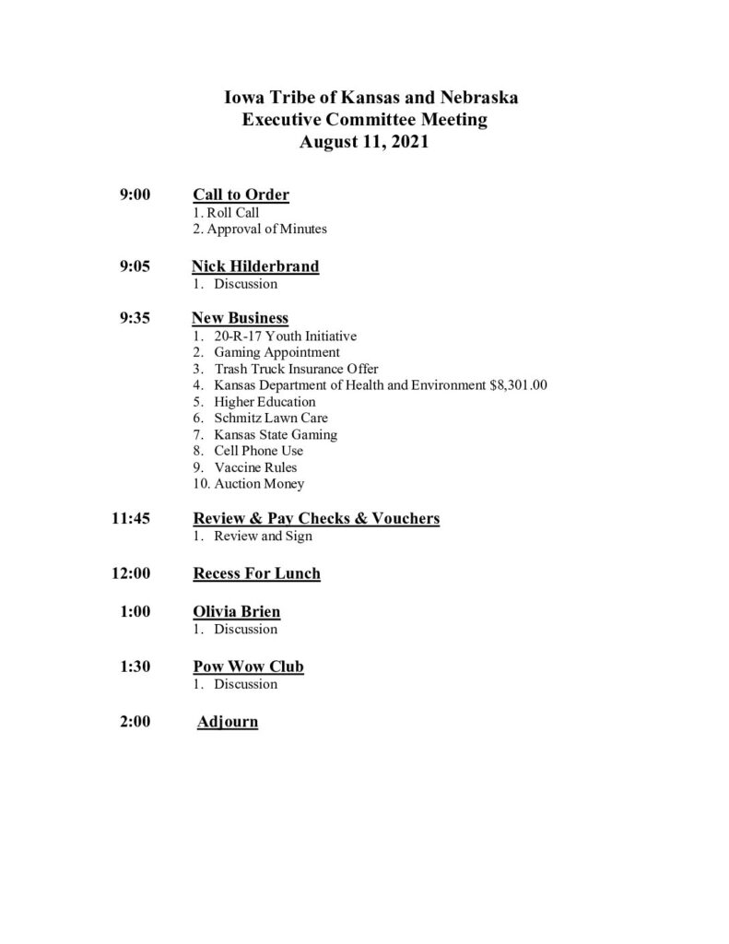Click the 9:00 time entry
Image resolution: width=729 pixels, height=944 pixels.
point(135,195)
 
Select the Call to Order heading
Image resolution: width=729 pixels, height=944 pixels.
point(241,195)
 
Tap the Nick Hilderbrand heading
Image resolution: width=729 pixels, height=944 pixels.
point(255,266)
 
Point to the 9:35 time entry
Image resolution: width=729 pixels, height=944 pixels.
point(135,319)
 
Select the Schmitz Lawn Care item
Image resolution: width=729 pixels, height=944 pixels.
point(270,418)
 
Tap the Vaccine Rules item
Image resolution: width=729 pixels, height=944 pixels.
point(255,467)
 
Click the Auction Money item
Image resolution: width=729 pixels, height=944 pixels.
point(258,484)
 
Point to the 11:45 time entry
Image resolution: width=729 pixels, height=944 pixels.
point(131,518)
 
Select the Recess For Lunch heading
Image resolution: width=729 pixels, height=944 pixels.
point(256,573)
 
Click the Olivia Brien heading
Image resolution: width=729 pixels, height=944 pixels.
point(236,611)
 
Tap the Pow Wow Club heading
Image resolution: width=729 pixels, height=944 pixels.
point(248,667)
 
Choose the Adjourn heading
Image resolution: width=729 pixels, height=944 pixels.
point(228,722)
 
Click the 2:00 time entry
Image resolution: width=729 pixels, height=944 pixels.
point(135,722)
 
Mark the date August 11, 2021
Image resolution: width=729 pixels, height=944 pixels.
point(364,143)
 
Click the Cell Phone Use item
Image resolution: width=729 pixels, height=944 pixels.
point(258,451)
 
